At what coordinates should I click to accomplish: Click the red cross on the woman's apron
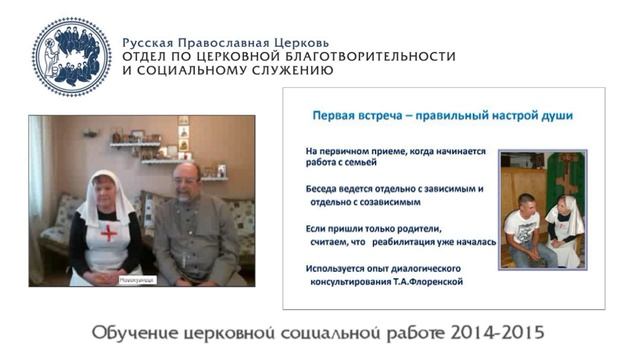click(108, 234)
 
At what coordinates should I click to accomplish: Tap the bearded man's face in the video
click(185, 182)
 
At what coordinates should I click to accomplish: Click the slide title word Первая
click(338, 115)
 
